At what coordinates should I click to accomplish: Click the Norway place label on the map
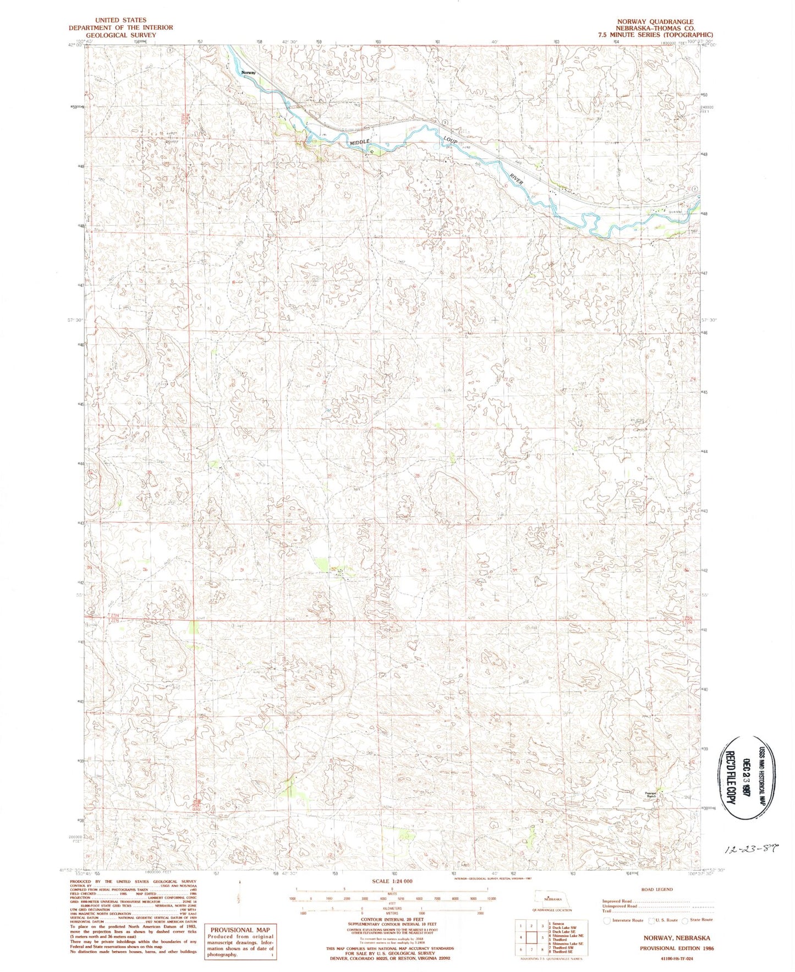click(249, 72)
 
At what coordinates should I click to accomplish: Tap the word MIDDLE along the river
click(360, 142)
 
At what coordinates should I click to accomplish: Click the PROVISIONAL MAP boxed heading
click(240, 930)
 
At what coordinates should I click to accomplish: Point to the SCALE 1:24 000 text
click(392, 881)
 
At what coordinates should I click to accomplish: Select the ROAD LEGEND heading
click(656, 889)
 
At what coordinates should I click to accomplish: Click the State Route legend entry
click(699, 920)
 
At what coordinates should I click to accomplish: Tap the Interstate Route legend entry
click(624, 920)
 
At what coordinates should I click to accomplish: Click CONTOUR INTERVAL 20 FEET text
click(392, 919)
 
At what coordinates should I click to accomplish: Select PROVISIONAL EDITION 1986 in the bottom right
click(675, 948)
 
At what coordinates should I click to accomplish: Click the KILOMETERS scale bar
click(392, 909)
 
